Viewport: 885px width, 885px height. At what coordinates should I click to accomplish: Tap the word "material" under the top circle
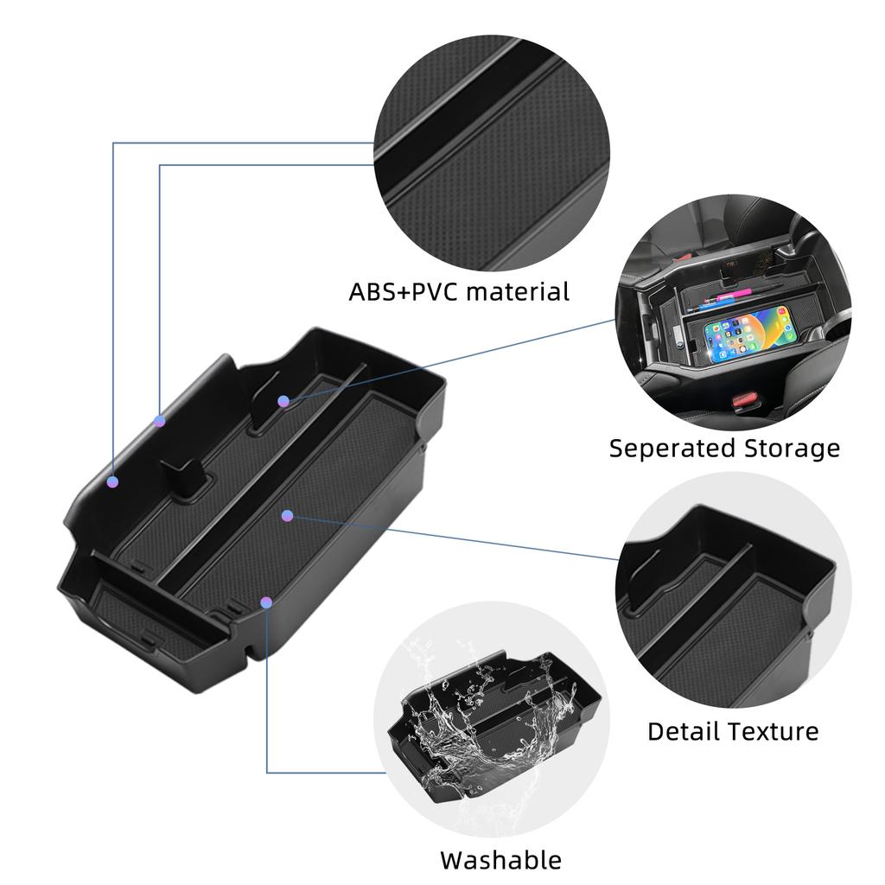coord(518,292)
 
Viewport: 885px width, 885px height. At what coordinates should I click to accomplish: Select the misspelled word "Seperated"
coord(672,449)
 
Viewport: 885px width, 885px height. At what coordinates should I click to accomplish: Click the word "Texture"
coord(775,731)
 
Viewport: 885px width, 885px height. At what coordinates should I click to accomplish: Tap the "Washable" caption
coord(500,860)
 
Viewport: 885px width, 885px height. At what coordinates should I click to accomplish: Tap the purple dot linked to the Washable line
coord(266,601)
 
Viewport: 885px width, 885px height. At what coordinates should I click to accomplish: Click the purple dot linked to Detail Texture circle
coord(288,516)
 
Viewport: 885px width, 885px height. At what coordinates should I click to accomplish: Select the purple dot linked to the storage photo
coord(283,401)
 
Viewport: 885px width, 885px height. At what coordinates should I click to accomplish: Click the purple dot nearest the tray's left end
coord(112,481)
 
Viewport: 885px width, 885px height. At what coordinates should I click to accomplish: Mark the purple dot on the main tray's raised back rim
coord(159,421)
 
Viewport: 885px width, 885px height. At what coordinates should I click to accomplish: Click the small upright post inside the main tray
coord(181,474)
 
